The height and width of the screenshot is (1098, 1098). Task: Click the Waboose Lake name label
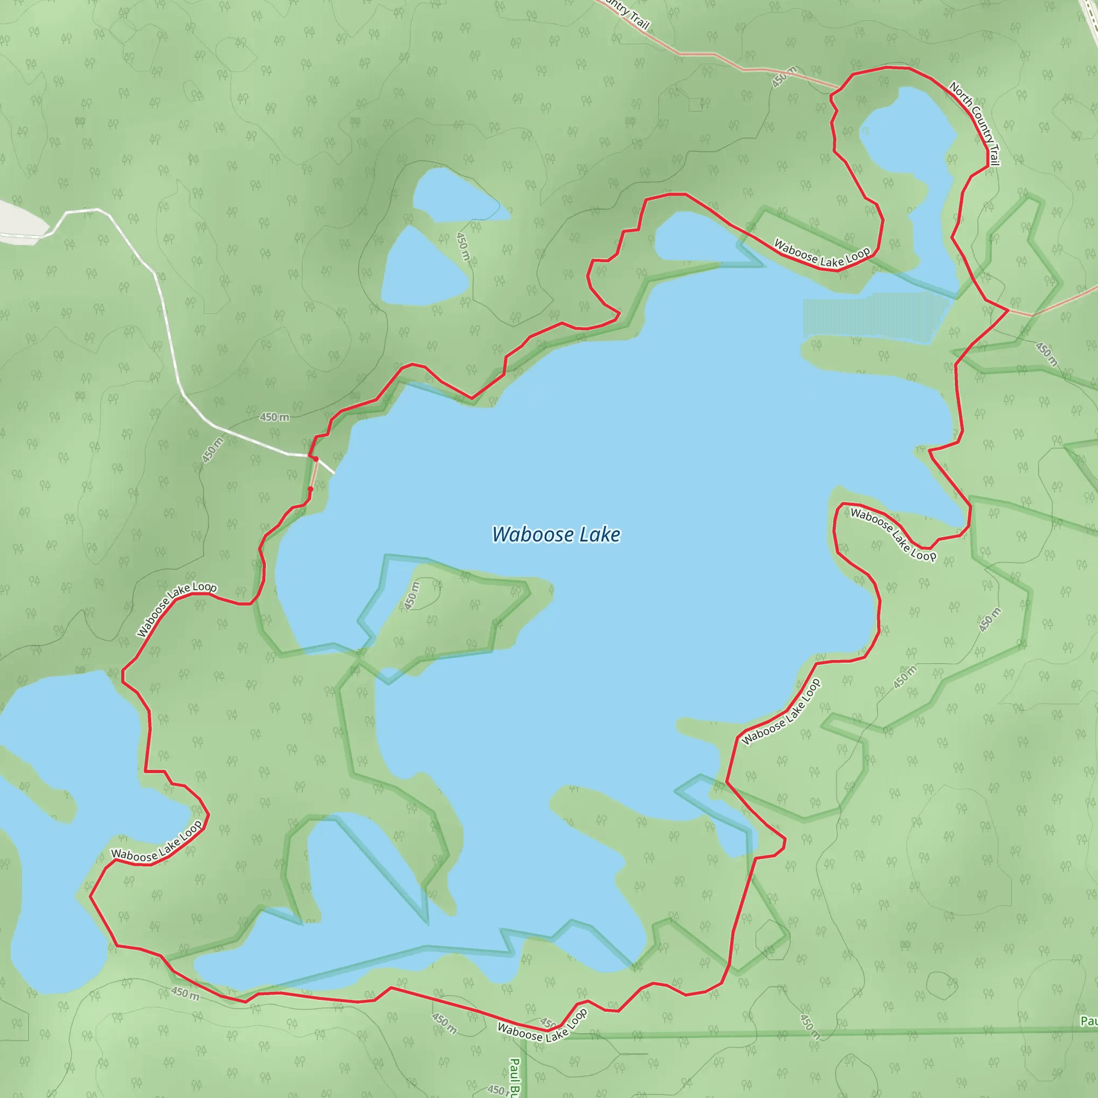click(556, 535)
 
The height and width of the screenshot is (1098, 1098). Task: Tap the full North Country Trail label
click(974, 123)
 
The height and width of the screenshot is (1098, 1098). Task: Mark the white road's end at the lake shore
click(334, 473)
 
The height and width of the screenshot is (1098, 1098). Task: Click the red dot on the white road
click(316, 458)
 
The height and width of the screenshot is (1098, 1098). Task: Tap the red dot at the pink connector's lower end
click(310, 489)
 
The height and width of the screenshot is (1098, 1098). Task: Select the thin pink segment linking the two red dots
click(313, 474)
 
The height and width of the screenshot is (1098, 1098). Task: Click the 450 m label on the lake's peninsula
click(412, 596)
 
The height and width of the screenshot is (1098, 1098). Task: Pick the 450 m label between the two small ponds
click(463, 246)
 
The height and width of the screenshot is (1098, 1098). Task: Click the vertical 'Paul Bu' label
click(514, 1077)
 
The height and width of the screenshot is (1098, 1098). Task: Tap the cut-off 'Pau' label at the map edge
click(1089, 1021)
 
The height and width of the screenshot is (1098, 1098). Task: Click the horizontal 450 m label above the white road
click(274, 417)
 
